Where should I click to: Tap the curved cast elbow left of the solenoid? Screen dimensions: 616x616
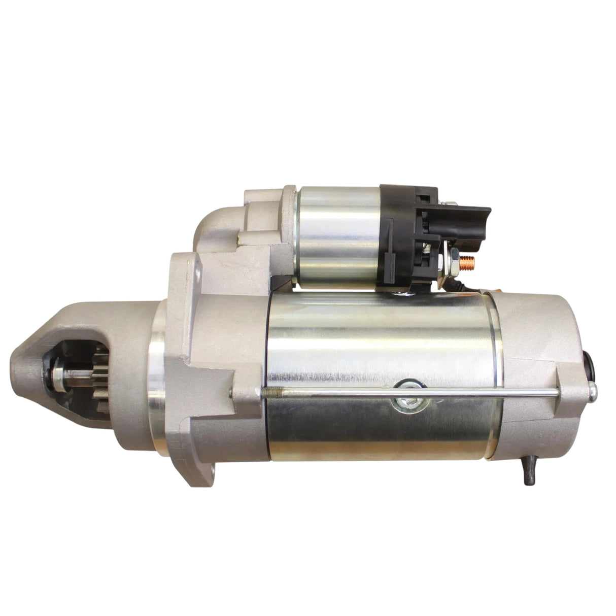coord(213,223)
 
